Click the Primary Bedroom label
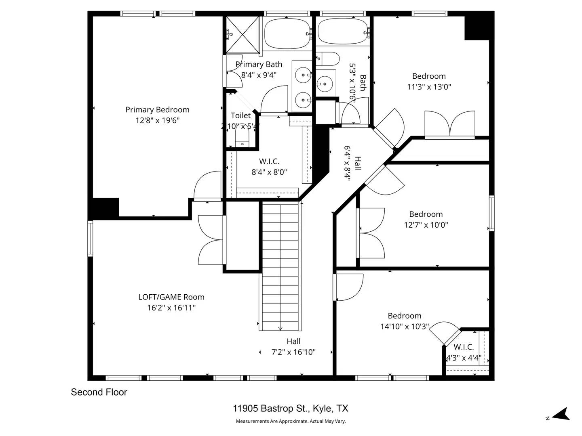[157, 110]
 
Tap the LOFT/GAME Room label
[171, 297]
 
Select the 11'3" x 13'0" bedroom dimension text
[429, 87]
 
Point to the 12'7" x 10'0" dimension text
[426, 225]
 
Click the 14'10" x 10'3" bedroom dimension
[404, 327]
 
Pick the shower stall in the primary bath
[242, 34]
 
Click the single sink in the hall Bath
[325, 84]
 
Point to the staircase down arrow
[280, 328]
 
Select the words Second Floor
[99, 392]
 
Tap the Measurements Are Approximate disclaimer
[291, 421]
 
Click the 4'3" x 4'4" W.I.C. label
[464, 358]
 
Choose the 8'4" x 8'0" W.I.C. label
[269, 172]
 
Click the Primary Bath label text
[259, 65]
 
